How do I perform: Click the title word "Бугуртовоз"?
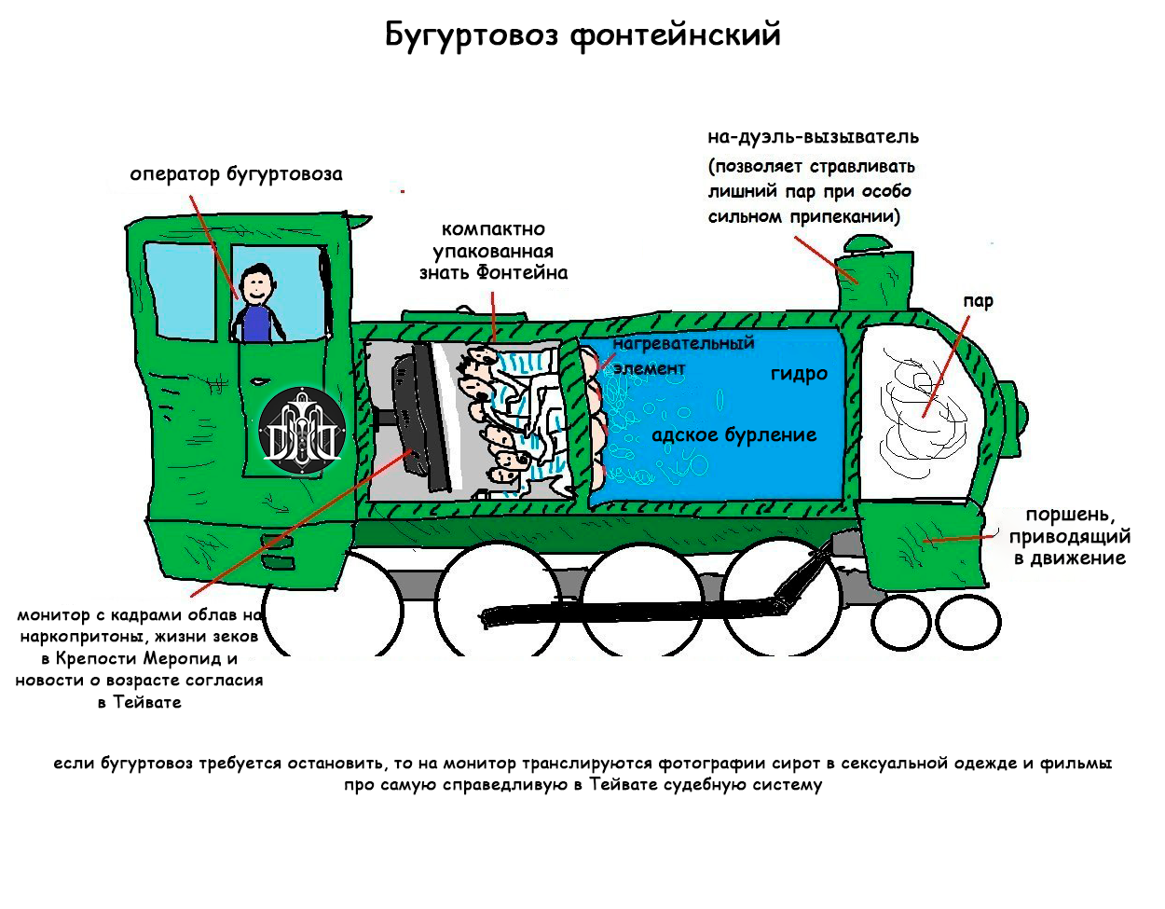pos(472,35)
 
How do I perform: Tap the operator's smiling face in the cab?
pos(256,282)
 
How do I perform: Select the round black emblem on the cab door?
pos(302,431)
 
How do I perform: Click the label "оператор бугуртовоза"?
pos(236,174)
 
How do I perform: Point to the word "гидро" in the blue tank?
pos(799,374)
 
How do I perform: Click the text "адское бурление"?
pos(733,435)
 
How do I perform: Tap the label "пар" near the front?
pos(979,301)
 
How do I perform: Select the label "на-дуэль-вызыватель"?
pos(813,137)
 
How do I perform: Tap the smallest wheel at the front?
pos(967,621)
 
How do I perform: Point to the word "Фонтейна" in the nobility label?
pos(522,273)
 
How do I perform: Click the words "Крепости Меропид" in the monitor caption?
pos(137,658)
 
